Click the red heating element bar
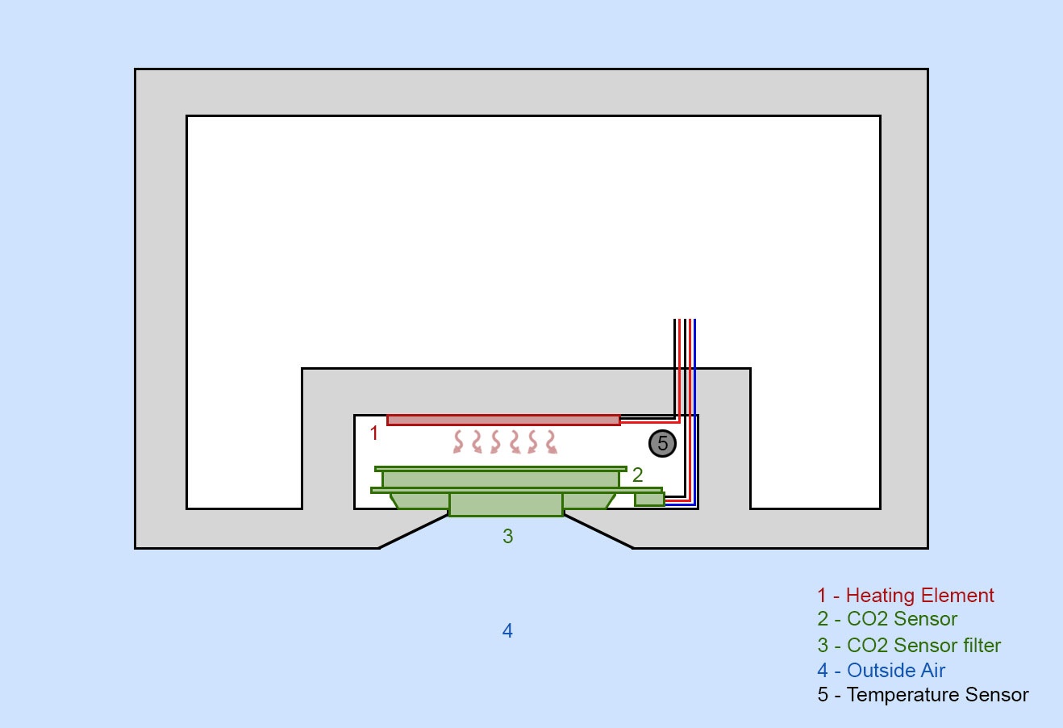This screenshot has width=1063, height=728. point(503,420)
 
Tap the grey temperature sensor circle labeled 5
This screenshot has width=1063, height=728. point(662,444)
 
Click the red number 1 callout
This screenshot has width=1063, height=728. point(374,433)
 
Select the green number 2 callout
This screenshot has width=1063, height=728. point(638,475)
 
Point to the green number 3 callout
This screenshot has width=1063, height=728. point(508,536)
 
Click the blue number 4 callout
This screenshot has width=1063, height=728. point(507,630)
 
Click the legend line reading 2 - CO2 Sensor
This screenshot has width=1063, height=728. point(887,619)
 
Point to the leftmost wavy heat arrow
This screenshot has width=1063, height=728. point(458,442)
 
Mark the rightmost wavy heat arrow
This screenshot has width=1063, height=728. point(551,442)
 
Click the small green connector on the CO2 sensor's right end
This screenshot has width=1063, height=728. point(650,499)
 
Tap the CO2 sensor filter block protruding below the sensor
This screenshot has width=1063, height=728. point(506,504)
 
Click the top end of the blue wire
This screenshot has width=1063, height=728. point(694,320)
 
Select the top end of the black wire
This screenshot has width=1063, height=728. point(675,320)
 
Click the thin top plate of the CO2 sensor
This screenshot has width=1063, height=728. point(501,469)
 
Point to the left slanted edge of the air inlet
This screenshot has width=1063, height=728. point(413,531)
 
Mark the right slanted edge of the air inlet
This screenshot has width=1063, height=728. point(598,531)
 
